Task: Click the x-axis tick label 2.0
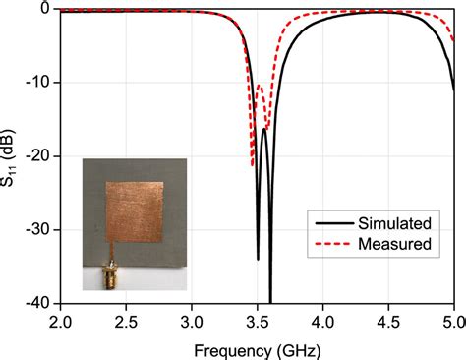click(x=61, y=321)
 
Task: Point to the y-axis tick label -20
click(x=39, y=156)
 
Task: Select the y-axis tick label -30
click(x=39, y=229)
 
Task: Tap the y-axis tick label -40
click(x=39, y=302)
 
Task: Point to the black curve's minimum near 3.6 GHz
click(x=270, y=300)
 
